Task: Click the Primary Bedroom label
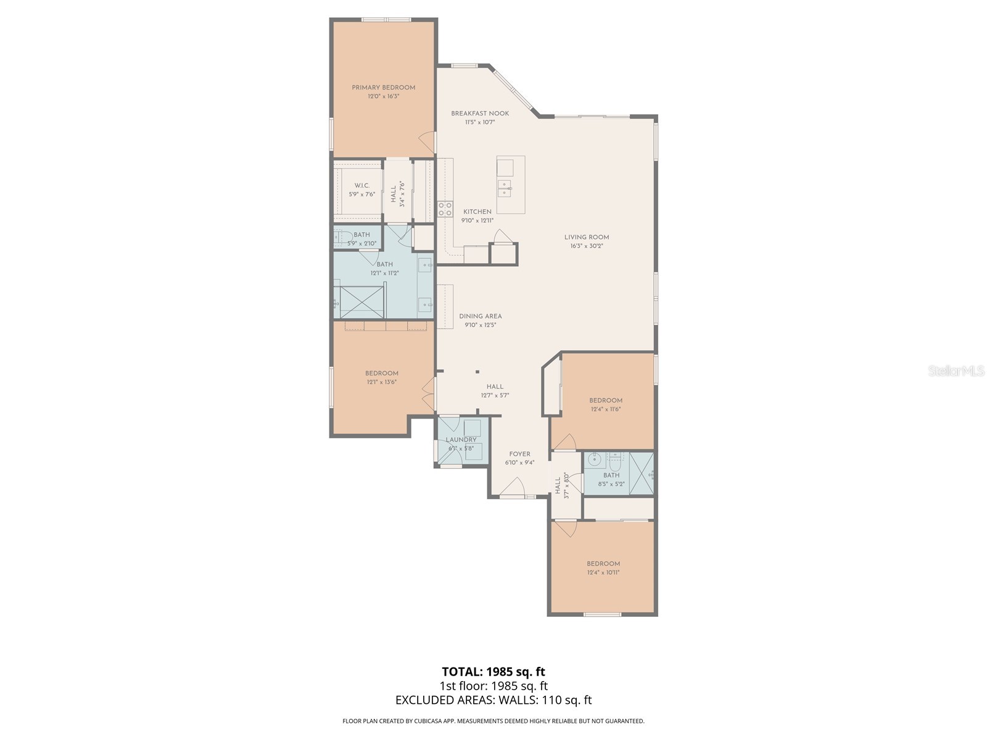pyautogui.click(x=383, y=88)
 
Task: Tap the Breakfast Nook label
pyautogui.click(x=480, y=114)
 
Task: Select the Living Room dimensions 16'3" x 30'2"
pyautogui.click(x=586, y=246)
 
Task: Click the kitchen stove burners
pyautogui.click(x=445, y=209)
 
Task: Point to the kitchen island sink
pyautogui.click(x=505, y=188)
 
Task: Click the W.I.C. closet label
pyautogui.click(x=361, y=186)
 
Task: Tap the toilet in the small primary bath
pyautogui.click(x=342, y=236)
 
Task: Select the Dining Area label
pyautogui.click(x=480, y=316)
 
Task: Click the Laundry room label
pyautogui.click(x=461, y=440)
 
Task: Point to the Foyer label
pyautogui.click(x=519, y=454)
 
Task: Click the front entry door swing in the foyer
pyautogui.click(x=511, y=489)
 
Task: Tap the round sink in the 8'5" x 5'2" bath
pyautogui.click(x=594, y=459)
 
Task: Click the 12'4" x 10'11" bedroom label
pyautogui.click(x=603, y=564)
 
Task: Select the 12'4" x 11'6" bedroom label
pyautogui.click(x=605, y=401)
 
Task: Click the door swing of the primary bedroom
pyautogui.click(x=426, y=144)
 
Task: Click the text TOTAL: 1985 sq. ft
pyautogui.click(x=493, y=671)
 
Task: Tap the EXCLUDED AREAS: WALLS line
pyautogui.click(x=493, y=700)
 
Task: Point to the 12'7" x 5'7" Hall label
pyautogui.click(x=494, y=387)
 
